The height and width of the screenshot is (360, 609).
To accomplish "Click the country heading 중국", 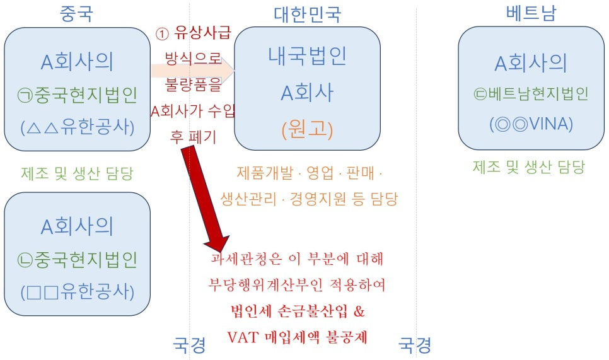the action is coord(76,13).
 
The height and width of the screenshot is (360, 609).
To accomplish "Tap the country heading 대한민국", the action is coord(307,13).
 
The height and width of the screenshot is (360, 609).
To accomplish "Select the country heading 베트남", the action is coord(531,13).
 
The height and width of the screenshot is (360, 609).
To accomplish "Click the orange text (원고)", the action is coord(306,130).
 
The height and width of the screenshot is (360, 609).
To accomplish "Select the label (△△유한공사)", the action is coord(77,127).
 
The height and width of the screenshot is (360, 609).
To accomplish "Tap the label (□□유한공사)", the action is coord(77,293).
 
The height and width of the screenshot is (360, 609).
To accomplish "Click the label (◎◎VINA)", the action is coord(531,124).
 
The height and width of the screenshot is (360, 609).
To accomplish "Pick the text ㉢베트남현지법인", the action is coord(531,95).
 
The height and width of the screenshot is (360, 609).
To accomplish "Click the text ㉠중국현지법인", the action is coord(77,95).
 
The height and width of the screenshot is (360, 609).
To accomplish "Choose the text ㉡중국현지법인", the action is coord(77,260).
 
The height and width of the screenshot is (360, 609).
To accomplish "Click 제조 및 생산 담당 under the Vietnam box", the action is coord(529,167).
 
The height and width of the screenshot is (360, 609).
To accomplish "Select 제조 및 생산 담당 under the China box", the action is coord(77,171).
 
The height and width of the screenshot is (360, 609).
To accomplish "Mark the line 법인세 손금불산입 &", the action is coord(298,311).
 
